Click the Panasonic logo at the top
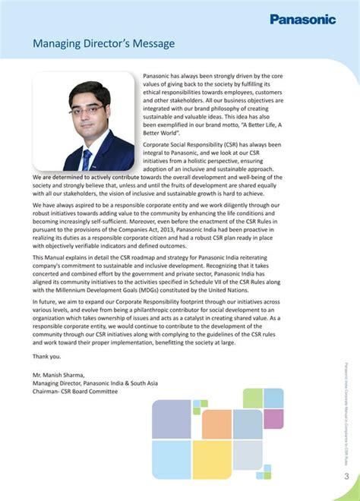[x=312, y=20]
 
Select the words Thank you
[x=47, y=356]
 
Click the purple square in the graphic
[x=273, y=419]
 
